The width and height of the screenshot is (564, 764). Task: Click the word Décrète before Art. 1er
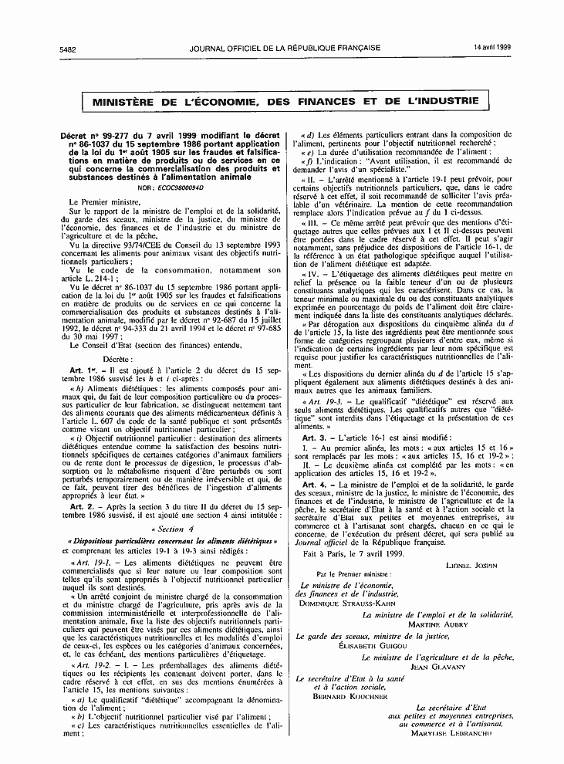coord(118,360)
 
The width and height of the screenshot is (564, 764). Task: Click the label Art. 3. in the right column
coord(317,437)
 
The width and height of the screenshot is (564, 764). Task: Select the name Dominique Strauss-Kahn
coord(342,603)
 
